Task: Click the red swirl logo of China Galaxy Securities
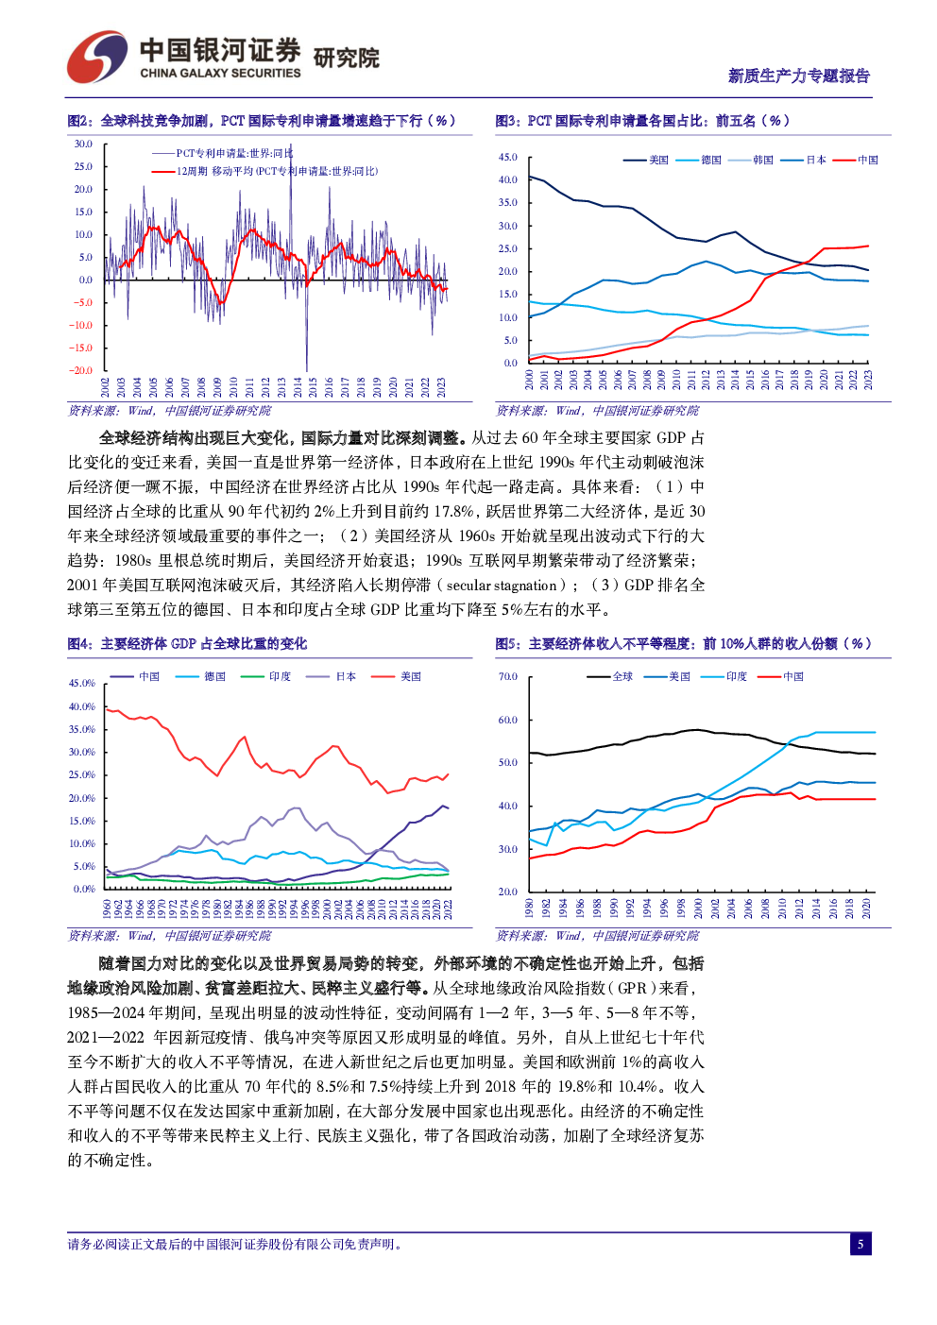[x=96, y=57]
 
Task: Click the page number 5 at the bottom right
[x=860, y=1244]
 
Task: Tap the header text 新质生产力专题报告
[x=798, y=76]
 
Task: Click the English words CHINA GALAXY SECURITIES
[x=220, y=74]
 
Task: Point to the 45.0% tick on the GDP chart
[x=82, y=683]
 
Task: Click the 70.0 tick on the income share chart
[x=508, y=677]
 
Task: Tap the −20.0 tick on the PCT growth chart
[x=82, y=370]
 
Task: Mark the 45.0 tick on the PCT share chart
[x=508, y=158]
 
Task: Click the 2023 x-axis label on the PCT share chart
[x=868, y=380]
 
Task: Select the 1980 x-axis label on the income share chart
[x=529, y=909]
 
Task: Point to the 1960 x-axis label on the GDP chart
[x=107, y=909]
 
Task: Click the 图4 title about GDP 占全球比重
[x=187, y=644]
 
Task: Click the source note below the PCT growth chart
[x=169, y=411]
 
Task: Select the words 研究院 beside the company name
[x=346, y=59]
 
